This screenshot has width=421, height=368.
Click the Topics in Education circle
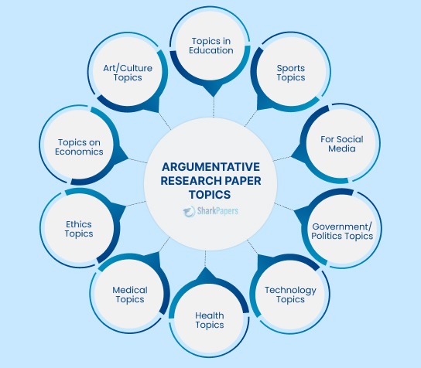[x=210, y=46]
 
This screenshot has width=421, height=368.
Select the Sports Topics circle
[x=291, y=72]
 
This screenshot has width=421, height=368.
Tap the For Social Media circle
[x=341, y=144]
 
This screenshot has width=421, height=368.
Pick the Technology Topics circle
[x=290, y=295]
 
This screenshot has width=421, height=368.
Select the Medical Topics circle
[x=130, y=294]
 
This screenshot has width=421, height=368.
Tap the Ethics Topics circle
[x=80, y=228]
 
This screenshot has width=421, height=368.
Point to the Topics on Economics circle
[x=80, y=145]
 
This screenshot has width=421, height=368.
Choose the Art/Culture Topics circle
[x=128, y=73]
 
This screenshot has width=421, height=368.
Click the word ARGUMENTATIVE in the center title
[x=210, y=167]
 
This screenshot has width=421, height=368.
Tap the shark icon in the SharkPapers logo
[x=189, y=212]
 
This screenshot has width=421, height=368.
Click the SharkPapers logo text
[x=217, y=211]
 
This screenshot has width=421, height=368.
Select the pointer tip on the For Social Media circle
[x=292, y=156]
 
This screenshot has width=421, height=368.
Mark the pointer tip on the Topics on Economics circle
[x=128, y=158]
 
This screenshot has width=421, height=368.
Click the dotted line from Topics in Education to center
[x=214, y=107]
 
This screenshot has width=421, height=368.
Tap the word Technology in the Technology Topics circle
[x=290, y=290]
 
